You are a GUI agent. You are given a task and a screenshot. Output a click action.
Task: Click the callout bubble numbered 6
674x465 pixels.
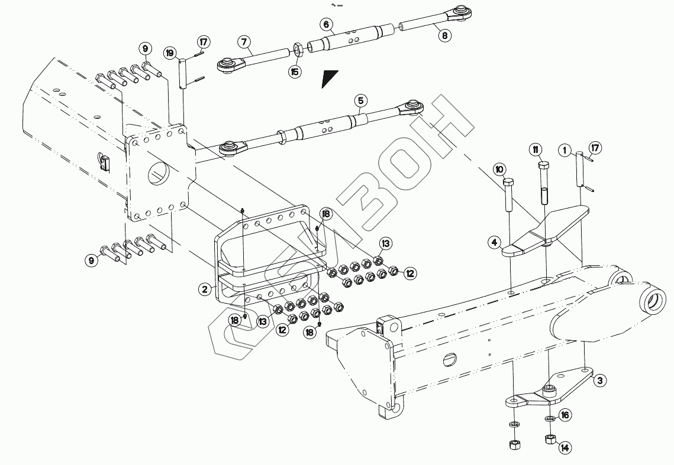click(x=326, y=24)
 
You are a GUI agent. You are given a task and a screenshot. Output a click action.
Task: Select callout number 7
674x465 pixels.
click(x=243, y=42)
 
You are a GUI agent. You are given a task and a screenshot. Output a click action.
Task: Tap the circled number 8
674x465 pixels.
click(x=444, y=35)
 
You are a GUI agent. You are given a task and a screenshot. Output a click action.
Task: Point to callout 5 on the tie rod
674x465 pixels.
click(x=360, y=101)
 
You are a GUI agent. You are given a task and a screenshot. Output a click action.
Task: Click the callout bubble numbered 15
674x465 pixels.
click(x=295, y=72)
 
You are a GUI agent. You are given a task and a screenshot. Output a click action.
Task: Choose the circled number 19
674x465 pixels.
click(x=171, y=53)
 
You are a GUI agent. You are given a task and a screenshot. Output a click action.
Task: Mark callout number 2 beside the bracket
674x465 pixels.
click(x=205, y=289)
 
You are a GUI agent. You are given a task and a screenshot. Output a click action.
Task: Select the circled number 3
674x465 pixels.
click(x=599, y=381)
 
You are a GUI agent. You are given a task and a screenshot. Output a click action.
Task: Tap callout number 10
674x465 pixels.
click(x=500, y=170)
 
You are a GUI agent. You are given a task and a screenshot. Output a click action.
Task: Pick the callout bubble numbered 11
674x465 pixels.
click(x=535, y=148)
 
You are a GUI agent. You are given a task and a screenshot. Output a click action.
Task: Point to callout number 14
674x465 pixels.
click(x=565, y=448)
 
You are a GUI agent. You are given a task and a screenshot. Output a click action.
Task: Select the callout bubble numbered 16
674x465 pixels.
click(x=565, y=415)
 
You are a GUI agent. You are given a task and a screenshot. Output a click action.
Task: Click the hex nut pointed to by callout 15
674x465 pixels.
click(x=299, y=48)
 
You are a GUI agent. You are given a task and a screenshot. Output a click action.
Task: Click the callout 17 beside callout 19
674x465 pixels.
click(x=204, y=43)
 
